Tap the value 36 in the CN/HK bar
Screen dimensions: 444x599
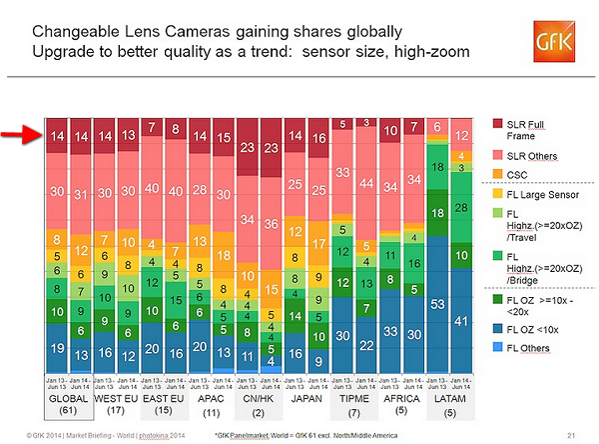click(271, 226)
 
